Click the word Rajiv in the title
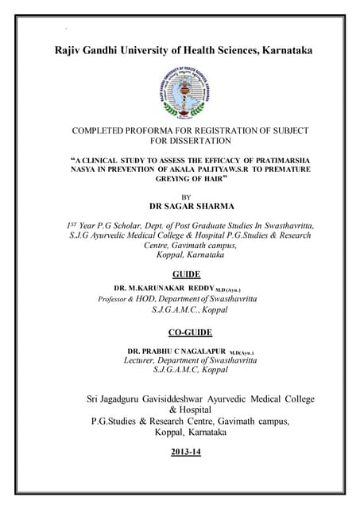click(x=71, y=51)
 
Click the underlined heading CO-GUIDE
click(x=189, y=332)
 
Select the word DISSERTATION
click(x=209, y=141)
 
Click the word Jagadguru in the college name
click(x=133, y=398)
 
